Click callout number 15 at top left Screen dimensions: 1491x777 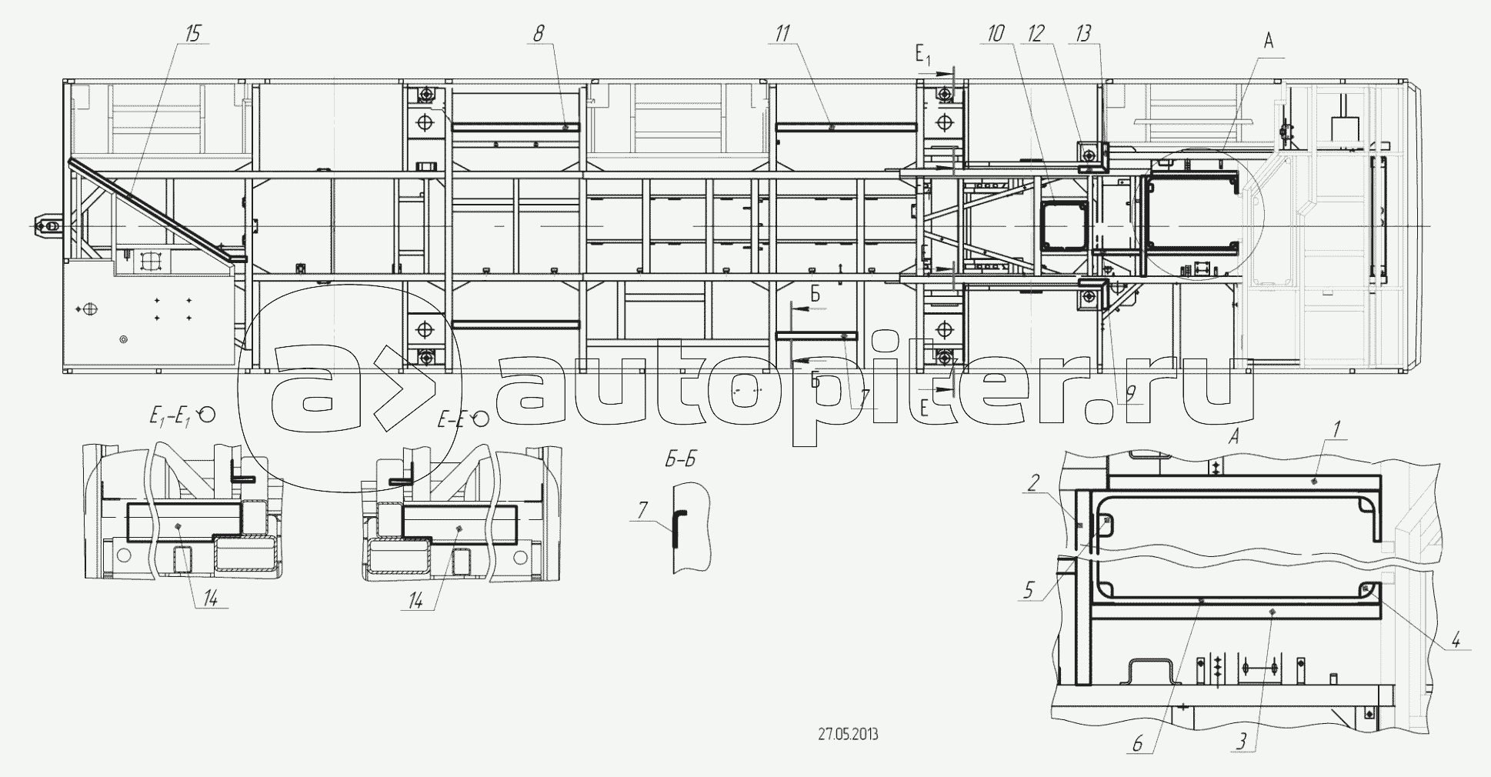[192, 33]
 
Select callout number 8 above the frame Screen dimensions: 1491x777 [538, 33]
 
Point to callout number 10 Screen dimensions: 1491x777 [996, 33]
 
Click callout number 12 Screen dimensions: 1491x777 [1036, 33]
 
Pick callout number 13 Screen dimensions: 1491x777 [1084, 33]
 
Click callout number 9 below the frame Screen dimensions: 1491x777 [1130, 394]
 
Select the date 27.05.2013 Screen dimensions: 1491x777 [848, 734]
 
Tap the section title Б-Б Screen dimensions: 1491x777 [680, 460]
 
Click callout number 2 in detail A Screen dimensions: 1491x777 [1033, 482]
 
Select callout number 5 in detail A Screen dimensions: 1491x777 [1029, 592]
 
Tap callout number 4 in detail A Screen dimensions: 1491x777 [1456, 639]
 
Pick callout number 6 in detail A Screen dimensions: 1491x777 [1138, 744]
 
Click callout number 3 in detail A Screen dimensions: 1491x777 [1241, 744]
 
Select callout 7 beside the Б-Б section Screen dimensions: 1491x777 [643, 510]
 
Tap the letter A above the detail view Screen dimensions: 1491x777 [1233, 436]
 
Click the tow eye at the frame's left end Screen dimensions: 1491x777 [48, 225]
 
